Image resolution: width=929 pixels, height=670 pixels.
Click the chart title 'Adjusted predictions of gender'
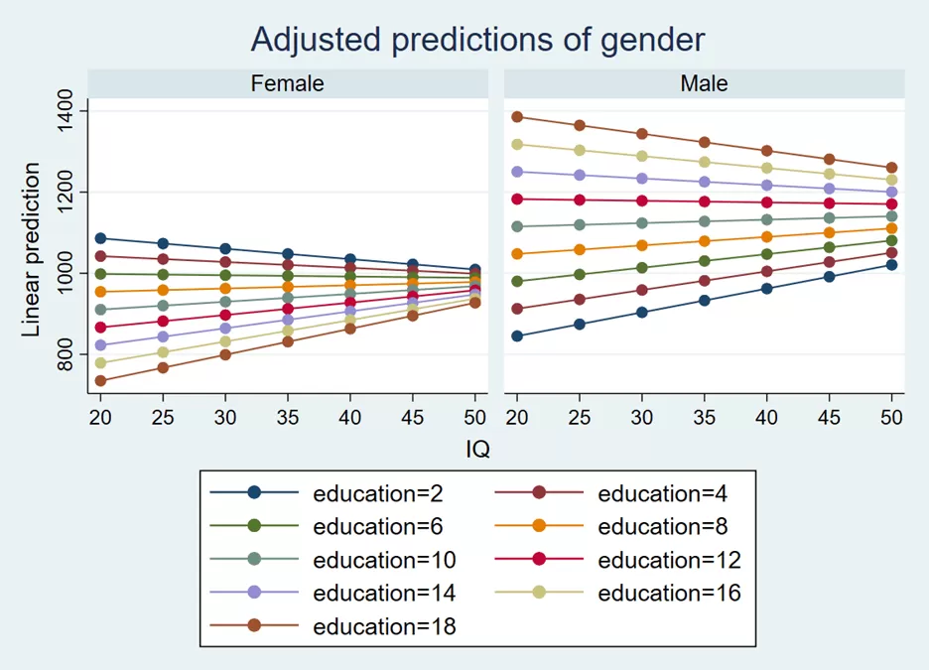[477, 40]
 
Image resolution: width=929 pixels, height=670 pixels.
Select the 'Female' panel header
[288, 83]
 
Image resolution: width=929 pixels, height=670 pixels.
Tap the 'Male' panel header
[704, 83]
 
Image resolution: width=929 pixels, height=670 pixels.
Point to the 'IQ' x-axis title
[477, 449]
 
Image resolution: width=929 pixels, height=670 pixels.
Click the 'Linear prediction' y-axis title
[30, 249]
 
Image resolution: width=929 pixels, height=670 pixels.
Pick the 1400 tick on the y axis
[65, 111]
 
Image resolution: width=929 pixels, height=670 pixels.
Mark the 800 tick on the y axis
[65, 354]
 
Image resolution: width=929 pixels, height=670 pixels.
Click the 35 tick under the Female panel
[288, 418]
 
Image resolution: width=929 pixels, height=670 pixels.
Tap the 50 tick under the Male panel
[891, 418]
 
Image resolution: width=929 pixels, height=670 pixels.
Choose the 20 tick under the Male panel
[517, 418]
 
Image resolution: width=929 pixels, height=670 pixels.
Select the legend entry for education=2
[327, 493]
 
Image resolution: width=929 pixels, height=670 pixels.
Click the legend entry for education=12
[617, 559]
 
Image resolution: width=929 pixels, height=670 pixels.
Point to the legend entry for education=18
[332, 625]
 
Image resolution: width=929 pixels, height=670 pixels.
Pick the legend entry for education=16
[617, 593]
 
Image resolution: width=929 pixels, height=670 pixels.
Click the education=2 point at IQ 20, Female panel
[100, 239]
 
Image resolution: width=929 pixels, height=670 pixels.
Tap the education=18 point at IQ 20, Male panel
[517, 117]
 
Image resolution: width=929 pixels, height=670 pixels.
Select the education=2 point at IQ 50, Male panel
[891, 265]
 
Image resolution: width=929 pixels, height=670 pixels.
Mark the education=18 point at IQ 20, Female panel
[100, 381]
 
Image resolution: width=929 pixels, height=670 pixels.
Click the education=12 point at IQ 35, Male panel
[704, 202]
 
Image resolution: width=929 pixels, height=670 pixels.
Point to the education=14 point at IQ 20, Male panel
[517, 172]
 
